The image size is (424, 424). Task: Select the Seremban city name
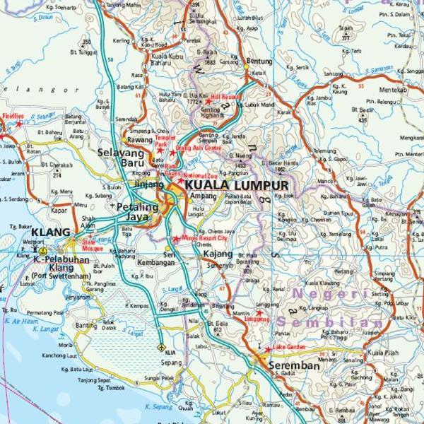(x=293, y=366)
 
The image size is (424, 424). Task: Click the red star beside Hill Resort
(x=208, y=102)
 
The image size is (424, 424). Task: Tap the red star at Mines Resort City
(x=176, y=239)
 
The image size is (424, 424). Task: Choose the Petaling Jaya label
(x=136, y=212)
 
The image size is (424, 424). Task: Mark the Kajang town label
(x=218, y=252)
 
